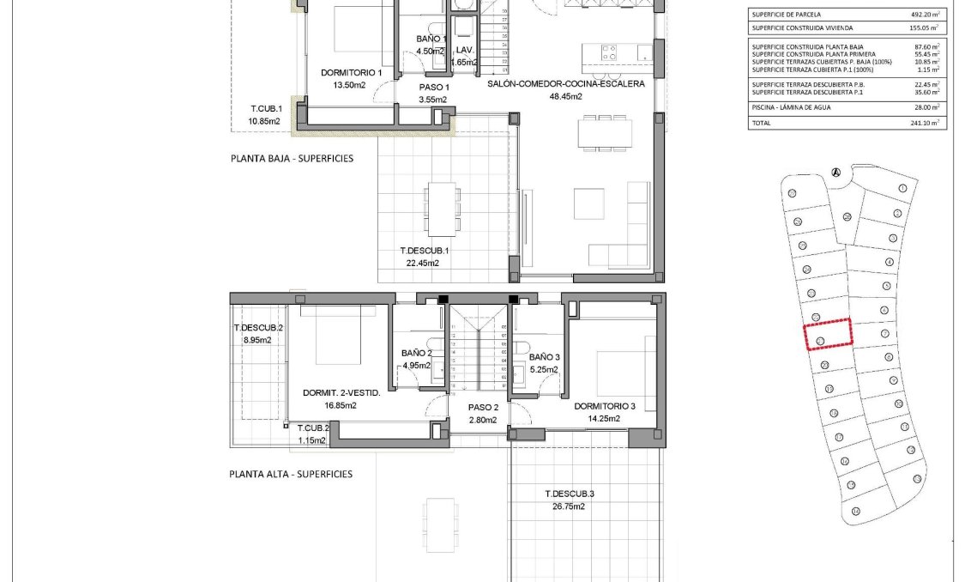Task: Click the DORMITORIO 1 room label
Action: point(351,73)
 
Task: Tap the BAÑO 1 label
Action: point(431,39)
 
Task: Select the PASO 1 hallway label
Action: point(433,88)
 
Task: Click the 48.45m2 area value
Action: point(565,97)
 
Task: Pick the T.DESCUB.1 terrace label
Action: point(425,251)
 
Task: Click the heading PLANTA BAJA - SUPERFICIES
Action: point(292,159)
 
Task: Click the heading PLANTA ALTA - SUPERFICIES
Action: point(291,474)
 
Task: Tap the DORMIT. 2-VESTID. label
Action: point(341,393)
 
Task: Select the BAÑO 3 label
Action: point(545,357)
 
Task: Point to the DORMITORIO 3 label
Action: point(605,406)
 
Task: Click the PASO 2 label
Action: point(483,408)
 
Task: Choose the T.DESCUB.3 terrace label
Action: point(570,494)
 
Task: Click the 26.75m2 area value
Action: point(570,506)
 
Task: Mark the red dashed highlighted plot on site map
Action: point(828,333)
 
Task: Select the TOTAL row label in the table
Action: point(761,123)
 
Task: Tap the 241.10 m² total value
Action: point(925,123)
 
